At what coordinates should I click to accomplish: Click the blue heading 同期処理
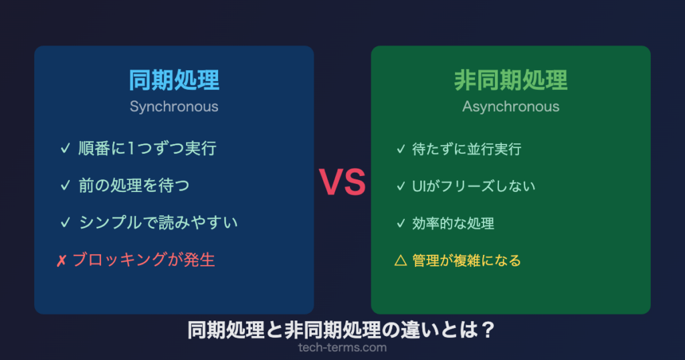click(174, 80)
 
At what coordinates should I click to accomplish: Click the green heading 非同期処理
click(510, 80)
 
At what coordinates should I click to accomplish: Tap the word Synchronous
click(174, 106)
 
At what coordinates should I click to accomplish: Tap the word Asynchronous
click(510, 106)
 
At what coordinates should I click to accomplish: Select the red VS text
click(342, 182)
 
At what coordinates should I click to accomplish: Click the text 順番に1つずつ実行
click(147, 149)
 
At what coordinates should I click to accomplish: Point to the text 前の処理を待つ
click(134, 185)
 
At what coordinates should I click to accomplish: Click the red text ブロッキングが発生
click(143, 260)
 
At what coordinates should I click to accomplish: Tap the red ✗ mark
click(61, 260)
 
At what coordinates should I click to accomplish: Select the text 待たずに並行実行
click(467, 149)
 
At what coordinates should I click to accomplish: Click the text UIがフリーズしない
click(474, 185)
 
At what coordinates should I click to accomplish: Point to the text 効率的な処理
click(454, 223)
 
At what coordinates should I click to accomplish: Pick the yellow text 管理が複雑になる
click(467, 260)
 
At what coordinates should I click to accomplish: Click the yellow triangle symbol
click(401, 260)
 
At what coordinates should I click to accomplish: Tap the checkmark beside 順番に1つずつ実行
click(65, 149)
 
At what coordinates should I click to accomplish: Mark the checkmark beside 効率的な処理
click(401, 223)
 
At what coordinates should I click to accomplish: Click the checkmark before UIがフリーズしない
click(401, 185)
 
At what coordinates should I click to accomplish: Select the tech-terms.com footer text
click(342, 348)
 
